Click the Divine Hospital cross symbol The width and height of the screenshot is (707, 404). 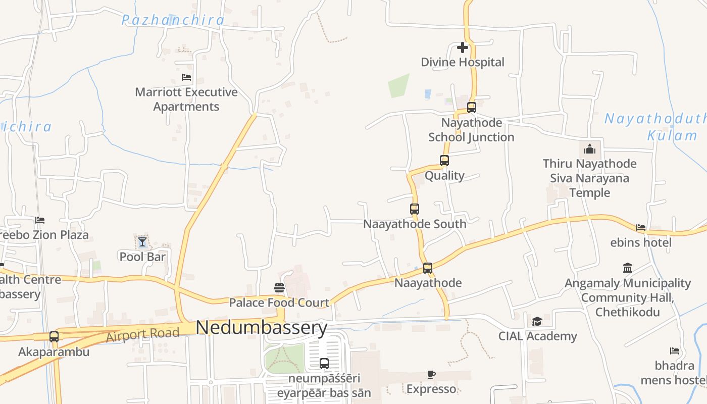[x=463, y=47]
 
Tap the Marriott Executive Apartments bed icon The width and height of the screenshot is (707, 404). [x=186, y=77]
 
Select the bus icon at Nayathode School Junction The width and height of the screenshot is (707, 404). [x=472, y=108]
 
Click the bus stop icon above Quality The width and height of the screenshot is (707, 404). [x=444, y=161]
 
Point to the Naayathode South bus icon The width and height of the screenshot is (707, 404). [x=415, y=209]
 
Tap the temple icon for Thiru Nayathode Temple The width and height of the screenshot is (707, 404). [x=589, y=149]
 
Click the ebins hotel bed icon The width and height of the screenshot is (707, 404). [x=641, y=228]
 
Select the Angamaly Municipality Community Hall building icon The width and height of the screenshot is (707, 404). [x=628, y=268]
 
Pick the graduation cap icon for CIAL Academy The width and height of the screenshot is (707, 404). [x=537, y=321]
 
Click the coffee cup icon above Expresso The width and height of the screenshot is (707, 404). [x=431, y=374]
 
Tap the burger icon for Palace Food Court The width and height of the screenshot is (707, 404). [x=279, y=288]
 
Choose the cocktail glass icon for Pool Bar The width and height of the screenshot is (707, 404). [x=142, y=242]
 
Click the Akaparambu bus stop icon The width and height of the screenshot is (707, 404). [x=54, y=337]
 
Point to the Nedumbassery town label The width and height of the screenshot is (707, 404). [x=261, y=328]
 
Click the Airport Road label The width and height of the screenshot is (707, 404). [x=142, y=334]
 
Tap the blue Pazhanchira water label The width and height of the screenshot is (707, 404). [x=173, y=20]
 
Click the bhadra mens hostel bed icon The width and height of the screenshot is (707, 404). [x=675, y=350]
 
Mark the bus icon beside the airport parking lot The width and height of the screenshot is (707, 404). [x=324, y=364]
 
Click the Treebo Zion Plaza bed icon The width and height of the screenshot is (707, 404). [x=40, y=220]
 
